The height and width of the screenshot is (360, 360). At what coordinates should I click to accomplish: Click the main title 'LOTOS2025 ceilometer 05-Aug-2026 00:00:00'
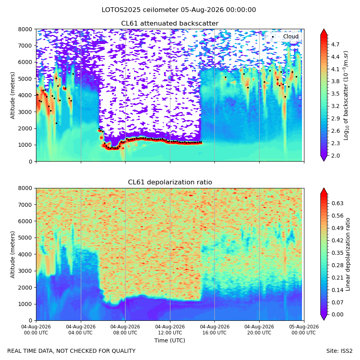coord(179,10)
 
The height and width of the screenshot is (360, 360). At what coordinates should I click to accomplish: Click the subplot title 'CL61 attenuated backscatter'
coord(170,24)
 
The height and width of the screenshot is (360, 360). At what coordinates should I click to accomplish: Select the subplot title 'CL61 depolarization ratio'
coord(170,182)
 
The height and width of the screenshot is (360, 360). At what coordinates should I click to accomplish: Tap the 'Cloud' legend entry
coord(291,36)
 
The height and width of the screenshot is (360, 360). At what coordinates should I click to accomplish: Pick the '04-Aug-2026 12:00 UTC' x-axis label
coord(170,330)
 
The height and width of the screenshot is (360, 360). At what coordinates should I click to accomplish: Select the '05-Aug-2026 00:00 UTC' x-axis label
coord(304,330)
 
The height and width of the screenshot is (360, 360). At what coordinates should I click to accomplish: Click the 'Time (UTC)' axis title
coord(170,340)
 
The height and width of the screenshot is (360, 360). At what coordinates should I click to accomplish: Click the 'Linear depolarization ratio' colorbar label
coord(348,254)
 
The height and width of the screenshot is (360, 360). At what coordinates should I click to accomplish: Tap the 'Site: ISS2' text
coord(339,351)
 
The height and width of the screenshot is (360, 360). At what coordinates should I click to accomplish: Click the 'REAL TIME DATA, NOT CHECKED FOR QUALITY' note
coord(72,351)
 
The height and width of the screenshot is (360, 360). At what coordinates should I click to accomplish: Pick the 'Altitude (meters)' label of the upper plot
coord(12,96)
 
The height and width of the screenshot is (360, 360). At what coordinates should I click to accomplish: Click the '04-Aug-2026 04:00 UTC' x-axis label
coord(80,330)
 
